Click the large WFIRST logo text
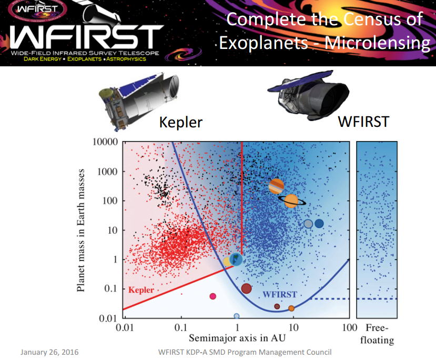pos(84,36)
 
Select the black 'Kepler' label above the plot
pos(180,122)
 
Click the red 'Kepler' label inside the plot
pos(141,289)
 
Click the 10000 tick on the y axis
pos(105,143)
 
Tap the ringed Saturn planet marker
pos(291,201)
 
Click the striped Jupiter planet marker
pos(277,186)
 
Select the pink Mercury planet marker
pos(213,296)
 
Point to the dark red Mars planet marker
pos(246,288)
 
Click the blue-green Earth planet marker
pos(237,259)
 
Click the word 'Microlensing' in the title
pos(377,42)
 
